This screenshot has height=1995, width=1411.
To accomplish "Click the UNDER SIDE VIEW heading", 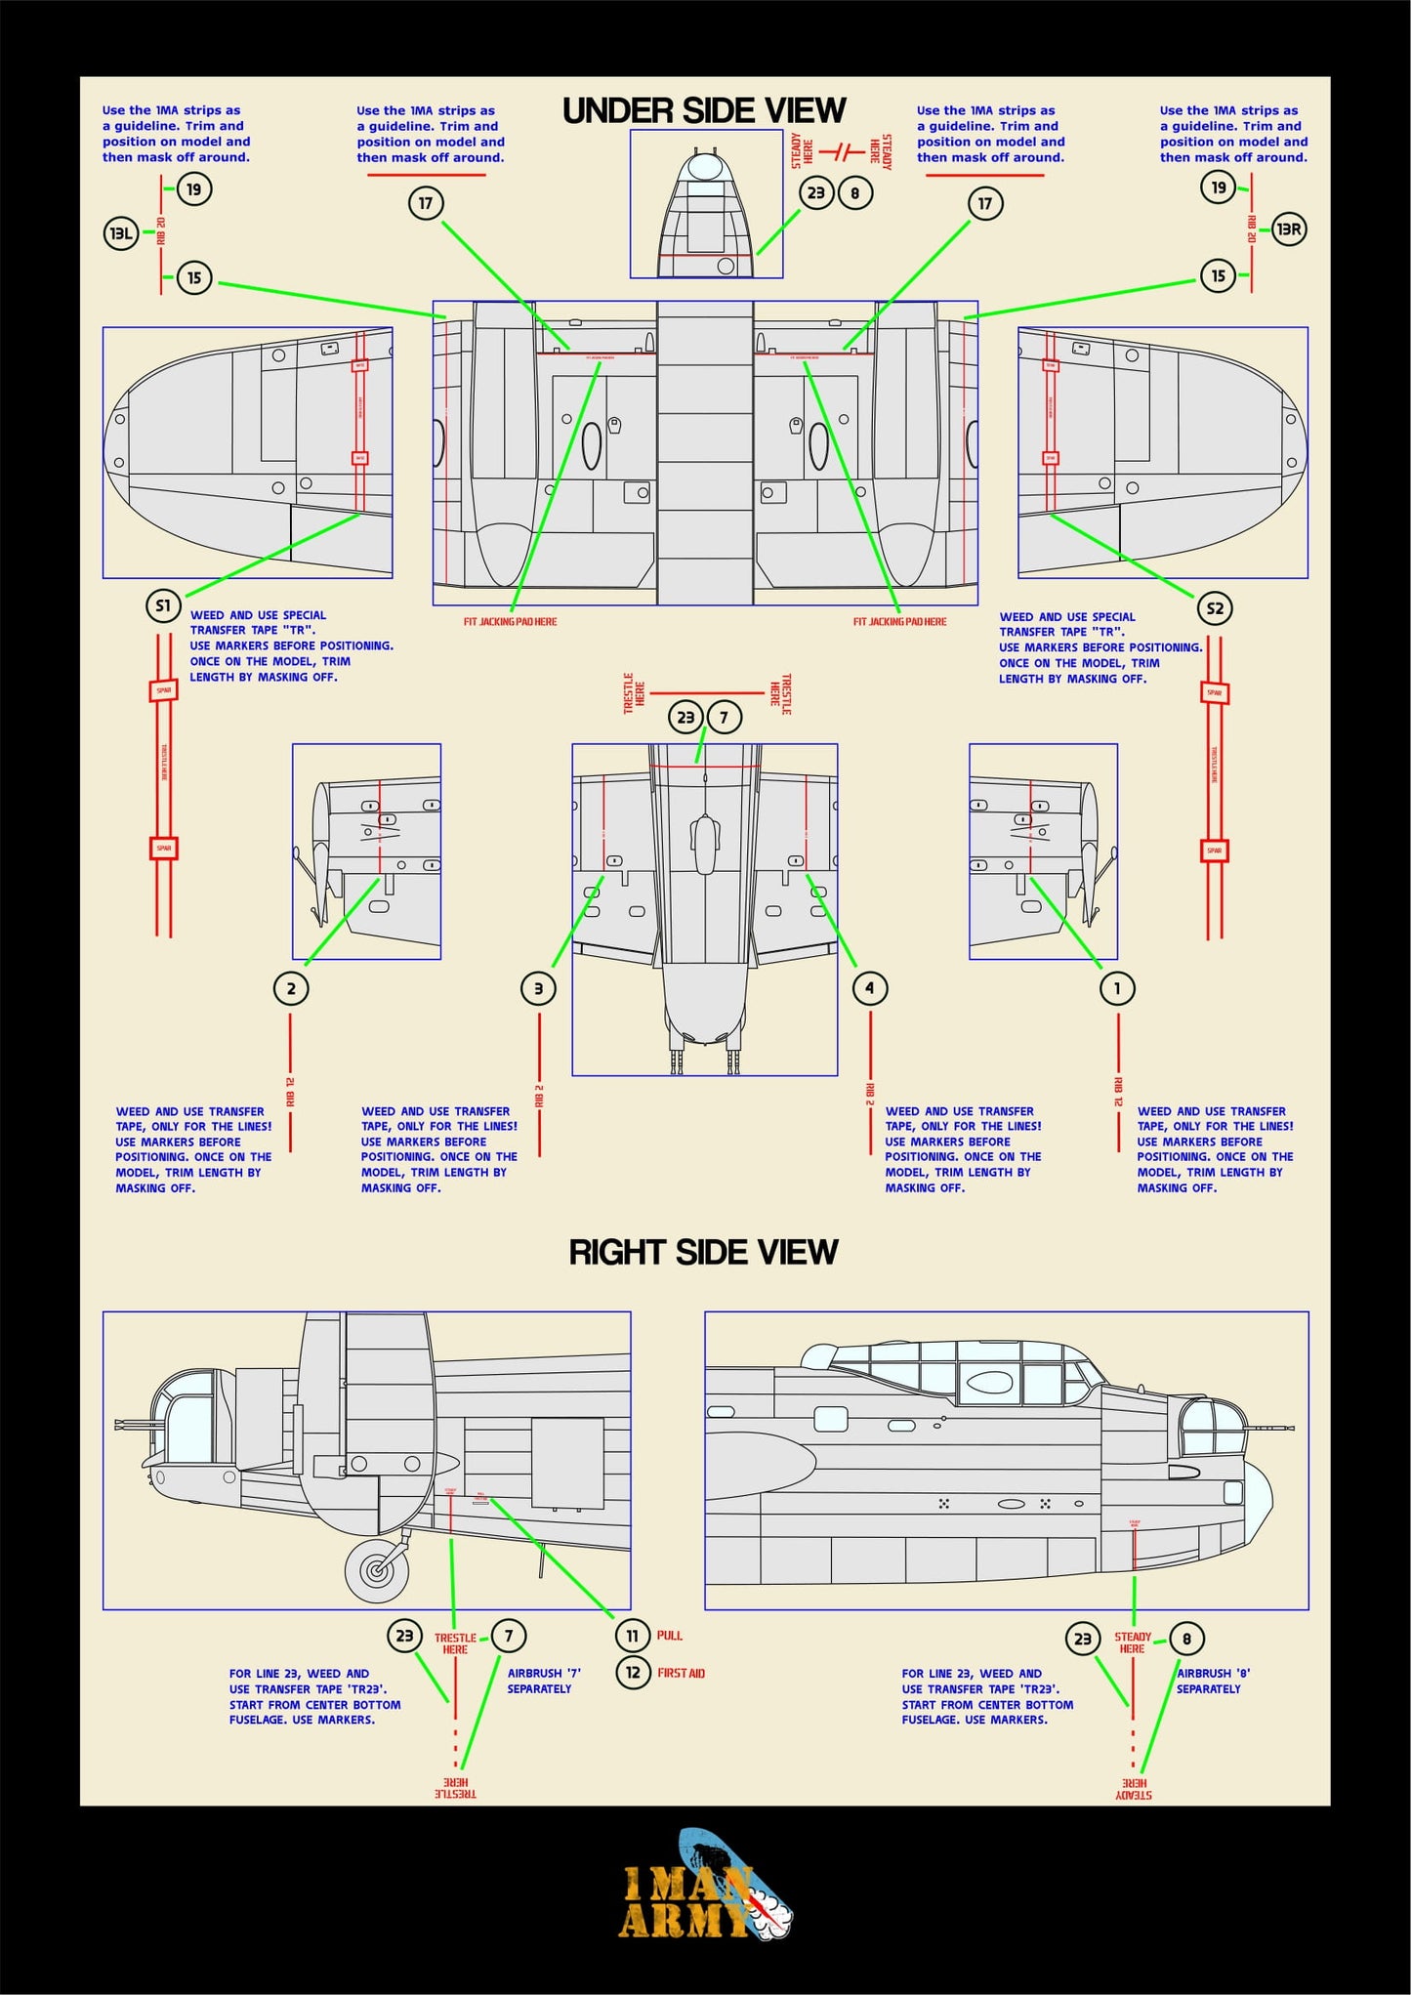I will pyautogui.click(x=704, y=111).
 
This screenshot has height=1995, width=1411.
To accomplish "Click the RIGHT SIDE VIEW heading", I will pyautogui.click(x=703, y=1252).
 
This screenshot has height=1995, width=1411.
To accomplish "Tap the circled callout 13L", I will pyautogui.click(x=121, y=233).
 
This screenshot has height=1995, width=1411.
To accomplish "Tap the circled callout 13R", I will pyautogui.click(x=1289, y=229).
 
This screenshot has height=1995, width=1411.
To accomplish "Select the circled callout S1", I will pyautogui.click(x=163, y=605).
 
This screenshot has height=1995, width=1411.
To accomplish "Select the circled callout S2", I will pyautogui.click(x=1215, y=608).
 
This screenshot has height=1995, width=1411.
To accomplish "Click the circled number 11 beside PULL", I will pyautogui.click(x=633, y=1636).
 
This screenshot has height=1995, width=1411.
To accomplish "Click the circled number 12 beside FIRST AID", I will pyautogui.click(x=633, y=1673).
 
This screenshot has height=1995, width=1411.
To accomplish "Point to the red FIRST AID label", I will pyautogui.click(x=681, y=1674).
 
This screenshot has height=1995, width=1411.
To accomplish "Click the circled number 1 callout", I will pyautogui.click(x=1117, y=988).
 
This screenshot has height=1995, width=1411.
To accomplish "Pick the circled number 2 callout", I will pyautogui.click(x=291, y=988).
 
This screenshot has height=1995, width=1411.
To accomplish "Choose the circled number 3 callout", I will pyautogui.click(x=538, y=988).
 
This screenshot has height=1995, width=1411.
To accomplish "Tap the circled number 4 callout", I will pyautogui.click(x=869, y=988).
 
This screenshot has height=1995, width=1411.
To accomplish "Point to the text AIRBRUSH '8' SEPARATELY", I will pyautogui.click(x=1212, y=1681).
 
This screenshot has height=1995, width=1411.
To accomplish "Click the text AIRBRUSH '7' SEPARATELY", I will pyautogui.click(x=543, y=1681).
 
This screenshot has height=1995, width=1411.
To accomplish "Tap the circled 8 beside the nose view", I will pyautogui.click(x=854, y=193).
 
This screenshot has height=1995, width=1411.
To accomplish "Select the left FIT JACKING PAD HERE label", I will pyautogui.click(x=510, y=622).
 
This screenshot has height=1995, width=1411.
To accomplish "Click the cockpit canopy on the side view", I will pyautogui.click(x=957, y=1372).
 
